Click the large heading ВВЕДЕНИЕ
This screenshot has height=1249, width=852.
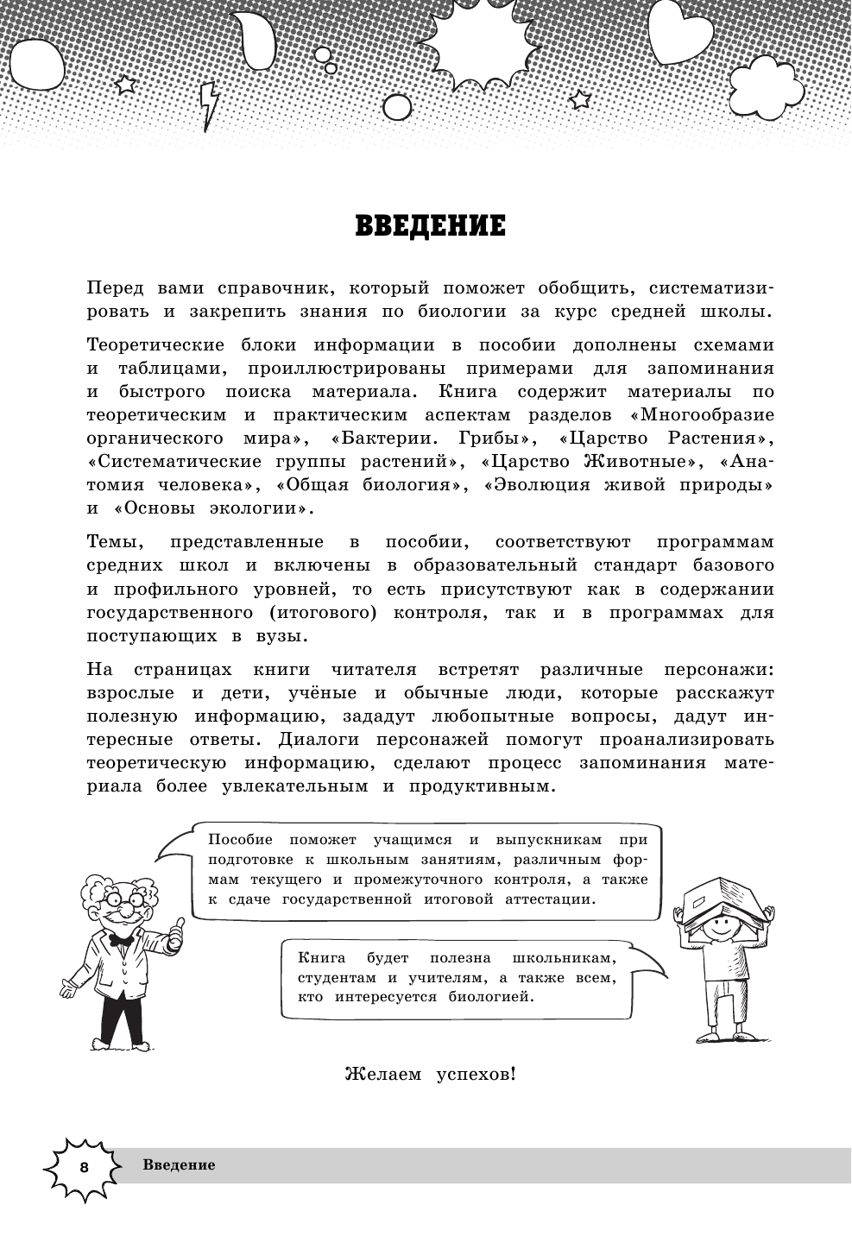pyautogui.click(x=430, y=226)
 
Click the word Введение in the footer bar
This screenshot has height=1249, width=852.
pyautogui.click(x=179, y=1165)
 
